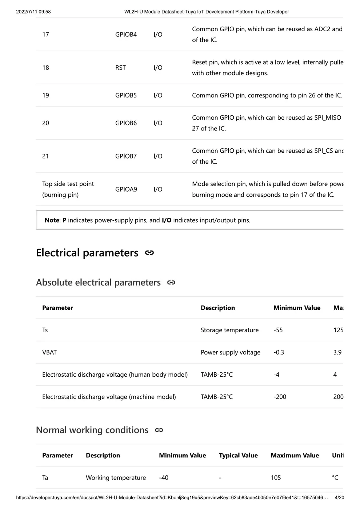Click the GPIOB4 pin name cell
(x=126, y=35)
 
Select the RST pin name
(x=120, y=68)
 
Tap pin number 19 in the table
(x=45, y=95)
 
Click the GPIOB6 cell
(x=126, y=123)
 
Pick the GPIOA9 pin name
(x=126, y=189)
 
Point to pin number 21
(x=45, y=156)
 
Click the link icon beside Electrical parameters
(x=149, y=253)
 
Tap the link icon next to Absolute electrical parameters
(x=171, y=282)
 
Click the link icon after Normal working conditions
(x=159, y=430)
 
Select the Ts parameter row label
(x=45, y=330)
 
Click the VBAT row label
(x=49, y=352)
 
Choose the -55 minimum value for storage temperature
(x=278, y=330)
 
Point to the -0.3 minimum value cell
(x=279, y=352)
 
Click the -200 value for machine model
(x=280, y=397)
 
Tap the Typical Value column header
(x=238, y=455)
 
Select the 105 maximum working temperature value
(x=276, y=477)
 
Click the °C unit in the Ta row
(x=335, y=477)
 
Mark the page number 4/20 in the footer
(x=339, y=497)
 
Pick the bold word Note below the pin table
(x=52, y=220)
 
